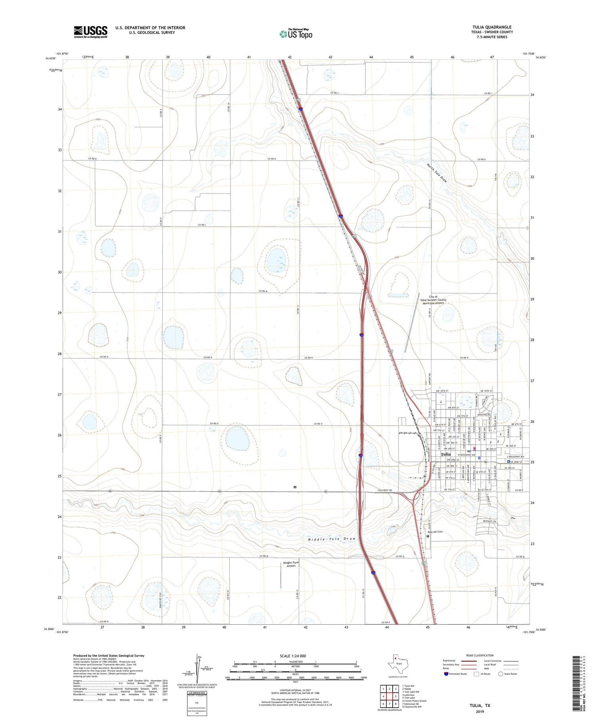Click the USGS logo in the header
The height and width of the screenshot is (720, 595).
pyautogui.click(x=90, y=32)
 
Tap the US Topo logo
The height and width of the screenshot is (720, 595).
pyautogui.click(x=296, y=34)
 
